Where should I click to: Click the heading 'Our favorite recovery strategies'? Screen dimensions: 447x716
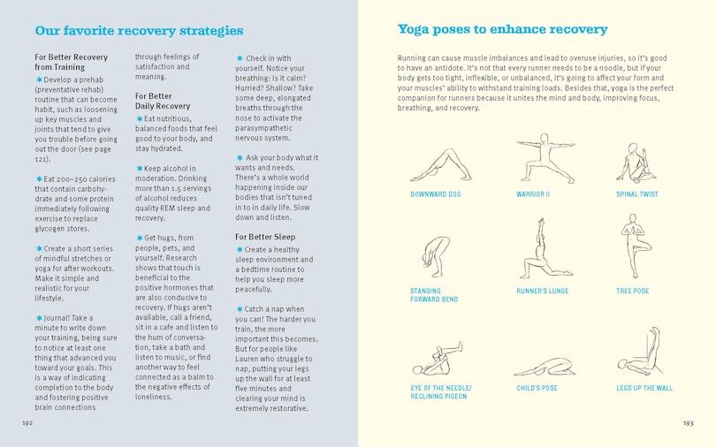coord(139,31)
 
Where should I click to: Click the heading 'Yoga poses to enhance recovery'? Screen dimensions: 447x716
coord(502,30)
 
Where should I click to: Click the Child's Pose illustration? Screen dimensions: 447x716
coord(541,365)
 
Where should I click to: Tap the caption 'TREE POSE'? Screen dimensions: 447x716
coord(632,291)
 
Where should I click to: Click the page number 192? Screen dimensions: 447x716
coord(27,423)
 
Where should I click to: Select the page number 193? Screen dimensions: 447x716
coord(688,423)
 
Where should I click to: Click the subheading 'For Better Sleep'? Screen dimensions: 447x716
coord(264,237)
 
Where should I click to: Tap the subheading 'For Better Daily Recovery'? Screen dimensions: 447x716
coord(162,101)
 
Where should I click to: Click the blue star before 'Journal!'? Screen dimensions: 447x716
coord(39,318)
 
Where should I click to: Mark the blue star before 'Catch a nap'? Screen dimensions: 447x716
coord(240,308)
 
